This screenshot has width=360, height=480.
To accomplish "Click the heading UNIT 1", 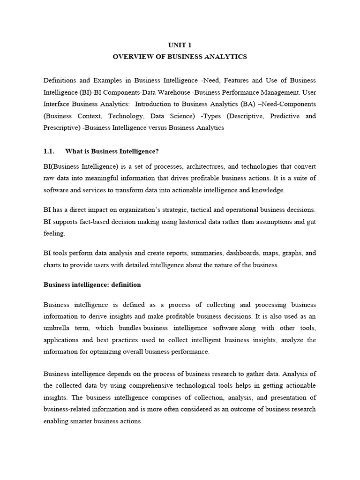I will click(180, 45).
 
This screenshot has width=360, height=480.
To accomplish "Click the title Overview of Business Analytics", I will click(180, 57).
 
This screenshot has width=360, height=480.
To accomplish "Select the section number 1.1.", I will click(49, 151).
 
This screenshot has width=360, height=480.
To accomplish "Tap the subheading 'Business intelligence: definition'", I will click(92, 285).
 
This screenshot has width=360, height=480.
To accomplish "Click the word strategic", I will click(174, 210).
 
